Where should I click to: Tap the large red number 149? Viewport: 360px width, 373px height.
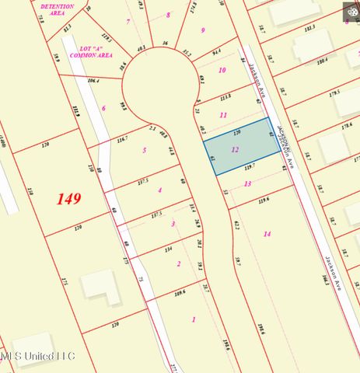(x=69, y=199)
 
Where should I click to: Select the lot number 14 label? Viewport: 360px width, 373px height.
(x=267, y=234)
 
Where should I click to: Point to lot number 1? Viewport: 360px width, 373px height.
(x=193, y=319)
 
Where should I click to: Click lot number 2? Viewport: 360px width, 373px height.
(x=179, y=264)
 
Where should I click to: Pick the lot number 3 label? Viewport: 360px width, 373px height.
(x=173, y=224)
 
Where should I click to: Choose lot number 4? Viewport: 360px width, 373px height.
(x=160, y=190)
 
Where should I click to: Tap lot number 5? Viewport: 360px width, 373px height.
(x=144, y=149)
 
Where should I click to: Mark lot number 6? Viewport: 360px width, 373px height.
(x=103, y=108)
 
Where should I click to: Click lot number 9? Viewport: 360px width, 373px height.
(x=203, y=30)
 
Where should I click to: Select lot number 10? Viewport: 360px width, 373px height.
(x=222, y=70)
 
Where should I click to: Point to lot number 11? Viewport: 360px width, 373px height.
(x=224, y=115)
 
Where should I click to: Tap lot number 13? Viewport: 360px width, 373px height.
(x=247, y=183)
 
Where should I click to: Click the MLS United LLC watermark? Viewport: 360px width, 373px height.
(x=37, y=357)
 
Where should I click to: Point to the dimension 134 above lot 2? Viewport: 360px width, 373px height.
(x=167, y=250)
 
